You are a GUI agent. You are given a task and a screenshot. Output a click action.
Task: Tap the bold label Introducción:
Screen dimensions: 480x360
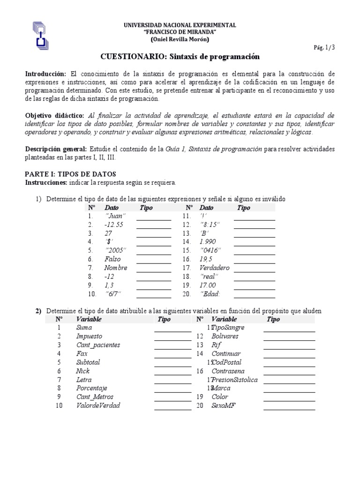(x=46, y=74)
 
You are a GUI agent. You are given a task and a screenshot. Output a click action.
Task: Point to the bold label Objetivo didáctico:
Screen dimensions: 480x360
(x=54, y=115)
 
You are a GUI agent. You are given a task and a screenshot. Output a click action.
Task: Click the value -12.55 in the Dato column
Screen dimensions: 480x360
(x=114, y=225)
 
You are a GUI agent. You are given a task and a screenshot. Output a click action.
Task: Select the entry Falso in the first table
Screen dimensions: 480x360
(x=112, y=259)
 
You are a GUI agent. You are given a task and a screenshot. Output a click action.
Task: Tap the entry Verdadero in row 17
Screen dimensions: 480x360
(x=214, y=268)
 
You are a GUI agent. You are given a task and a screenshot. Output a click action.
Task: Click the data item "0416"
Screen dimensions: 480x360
(x=209, y=250)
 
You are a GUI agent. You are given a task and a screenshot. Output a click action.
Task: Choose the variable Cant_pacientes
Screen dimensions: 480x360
(x=98, y=345)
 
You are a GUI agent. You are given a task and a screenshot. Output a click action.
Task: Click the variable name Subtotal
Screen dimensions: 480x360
(x=88, y=362)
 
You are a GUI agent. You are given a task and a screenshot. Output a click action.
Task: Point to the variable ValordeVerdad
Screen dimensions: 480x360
(x=98, y=405)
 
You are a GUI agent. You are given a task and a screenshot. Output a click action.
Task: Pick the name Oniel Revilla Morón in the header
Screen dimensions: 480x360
(x=180, y=39)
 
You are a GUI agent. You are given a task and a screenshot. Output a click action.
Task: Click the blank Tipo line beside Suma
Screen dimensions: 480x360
(x=172, y=330)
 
